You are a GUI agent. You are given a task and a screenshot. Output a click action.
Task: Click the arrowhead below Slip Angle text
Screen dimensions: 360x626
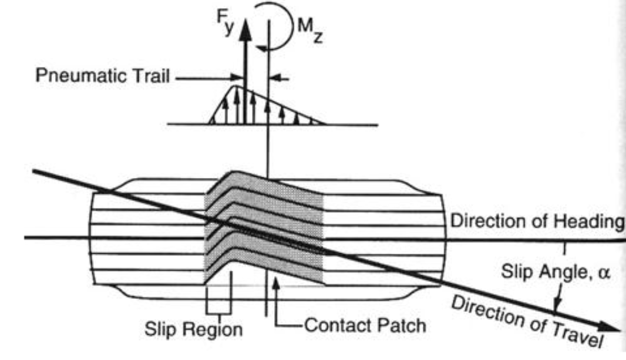click(557, 304)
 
